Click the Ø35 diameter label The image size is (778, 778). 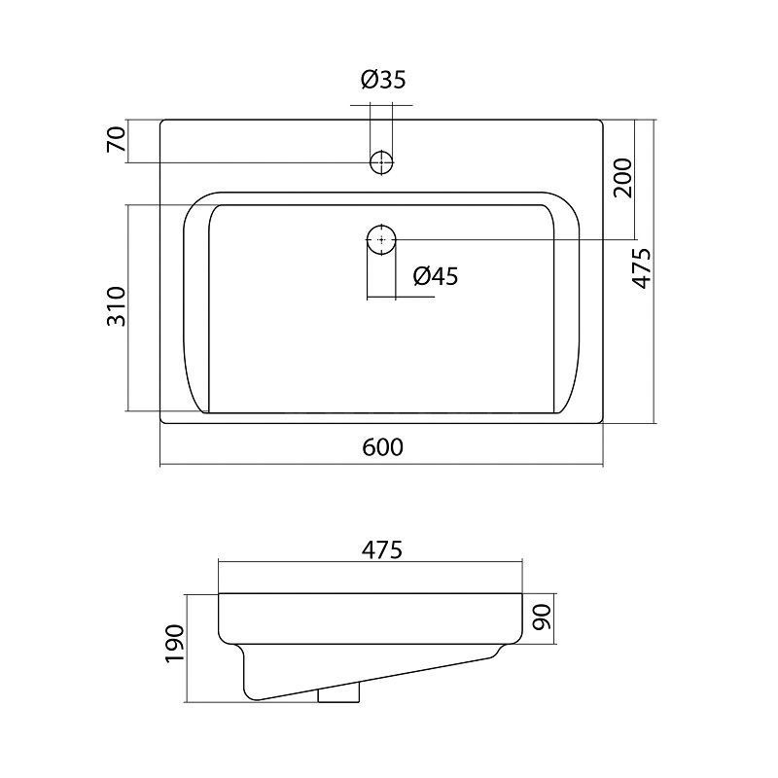click(x=383, y=80)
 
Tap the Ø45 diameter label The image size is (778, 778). click(x=435, y=276)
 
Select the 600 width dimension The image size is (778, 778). click(x=382, y=447)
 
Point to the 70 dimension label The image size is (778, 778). click(x=116, y=139)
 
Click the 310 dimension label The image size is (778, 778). click(x=117, y=306)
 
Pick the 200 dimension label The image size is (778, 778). click(x=623, y=178)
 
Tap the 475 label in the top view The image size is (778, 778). click(x=642, y=268)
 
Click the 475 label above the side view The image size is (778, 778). click(x=381, y=549)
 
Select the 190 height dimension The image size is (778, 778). click(x=175, y=644)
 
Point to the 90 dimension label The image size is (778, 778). click(x=542, y=618)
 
